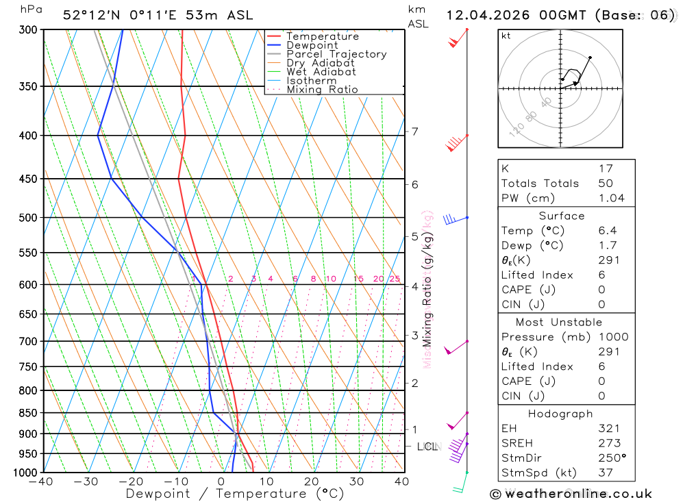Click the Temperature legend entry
click(x=322, y=36)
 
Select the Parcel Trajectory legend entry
click(x=336, y=54)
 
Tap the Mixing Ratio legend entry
click(x=322, y=90)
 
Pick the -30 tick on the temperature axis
click(x=86, y=481)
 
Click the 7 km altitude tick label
click(x=414, y=131)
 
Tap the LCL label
click(x=427, y=447)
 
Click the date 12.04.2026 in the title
click(x=482, y=15)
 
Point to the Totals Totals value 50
click(x=605, y=183)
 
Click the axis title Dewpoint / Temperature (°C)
click(x=234, y=494)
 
